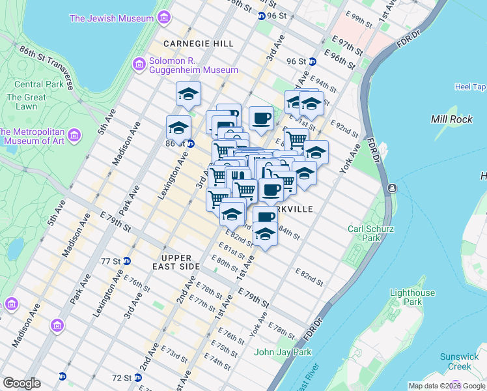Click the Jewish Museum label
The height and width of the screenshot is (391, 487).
[111, 18]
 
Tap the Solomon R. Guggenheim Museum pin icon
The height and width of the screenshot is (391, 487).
[138, 64]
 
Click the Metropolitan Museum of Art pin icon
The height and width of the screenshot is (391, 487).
[74, 136]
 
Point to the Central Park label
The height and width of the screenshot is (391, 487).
[38, 84]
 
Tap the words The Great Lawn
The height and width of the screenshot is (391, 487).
[26, 102]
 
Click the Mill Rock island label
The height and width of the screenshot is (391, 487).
[447, 119]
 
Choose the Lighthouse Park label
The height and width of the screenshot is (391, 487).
[413, 298]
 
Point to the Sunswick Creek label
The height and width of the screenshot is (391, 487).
[458, 361]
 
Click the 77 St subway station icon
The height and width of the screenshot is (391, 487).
[127, 261]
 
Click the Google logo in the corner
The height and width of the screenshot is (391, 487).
[21, 383]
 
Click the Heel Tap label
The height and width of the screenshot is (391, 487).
[470, 87]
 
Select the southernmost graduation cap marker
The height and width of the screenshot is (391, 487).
[265, 234]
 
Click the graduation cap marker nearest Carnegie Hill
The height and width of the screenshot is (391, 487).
[188, 93]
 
